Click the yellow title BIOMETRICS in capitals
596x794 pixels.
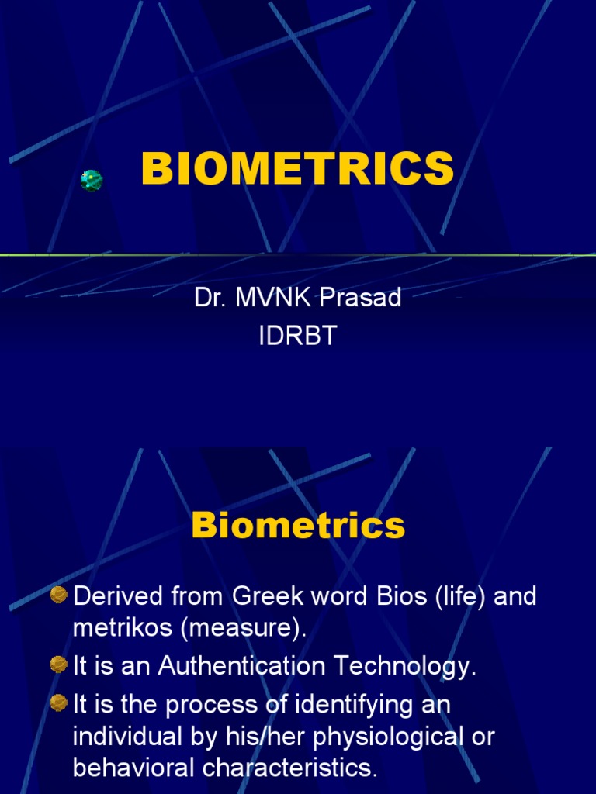coord(297,169)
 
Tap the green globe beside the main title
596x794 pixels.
coord(92,181)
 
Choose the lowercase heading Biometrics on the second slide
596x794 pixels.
coord(298,526)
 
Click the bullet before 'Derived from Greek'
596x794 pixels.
coord(58,595)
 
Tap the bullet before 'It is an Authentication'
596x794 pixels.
coord(58,665)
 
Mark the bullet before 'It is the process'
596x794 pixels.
coord(58,703)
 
